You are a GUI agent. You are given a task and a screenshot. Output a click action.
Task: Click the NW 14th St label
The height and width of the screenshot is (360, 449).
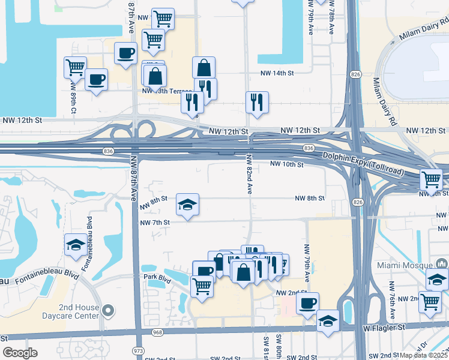point(276,73)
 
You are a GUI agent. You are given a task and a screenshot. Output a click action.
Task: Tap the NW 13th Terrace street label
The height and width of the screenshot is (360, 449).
point(161,91)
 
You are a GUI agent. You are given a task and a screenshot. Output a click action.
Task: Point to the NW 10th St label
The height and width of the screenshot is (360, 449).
point(287,164)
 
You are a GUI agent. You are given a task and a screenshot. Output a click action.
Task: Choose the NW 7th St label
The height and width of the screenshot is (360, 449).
point(155,222)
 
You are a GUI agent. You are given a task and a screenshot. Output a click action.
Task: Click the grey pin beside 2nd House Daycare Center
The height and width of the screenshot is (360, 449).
point(107,310)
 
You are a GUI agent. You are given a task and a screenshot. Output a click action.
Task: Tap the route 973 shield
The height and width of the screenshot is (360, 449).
point(139,350)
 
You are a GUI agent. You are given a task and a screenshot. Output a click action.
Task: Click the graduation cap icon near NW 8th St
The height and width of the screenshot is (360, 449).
point(187,205)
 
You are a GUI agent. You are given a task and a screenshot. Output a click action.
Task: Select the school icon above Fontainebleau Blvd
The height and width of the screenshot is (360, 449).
point(76,244)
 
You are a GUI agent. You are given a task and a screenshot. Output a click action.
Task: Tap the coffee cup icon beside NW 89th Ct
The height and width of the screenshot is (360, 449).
point(96,79)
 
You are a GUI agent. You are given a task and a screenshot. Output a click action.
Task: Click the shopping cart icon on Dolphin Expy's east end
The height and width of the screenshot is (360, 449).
point(431,178)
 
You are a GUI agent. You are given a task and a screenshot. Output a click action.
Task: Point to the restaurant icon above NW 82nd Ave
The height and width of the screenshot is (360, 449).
point(257,101)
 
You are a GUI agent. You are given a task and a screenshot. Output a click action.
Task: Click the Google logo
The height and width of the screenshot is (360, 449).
point(20,353)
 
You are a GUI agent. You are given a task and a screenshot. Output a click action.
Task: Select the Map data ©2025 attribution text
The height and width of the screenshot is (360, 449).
point(424,355)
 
